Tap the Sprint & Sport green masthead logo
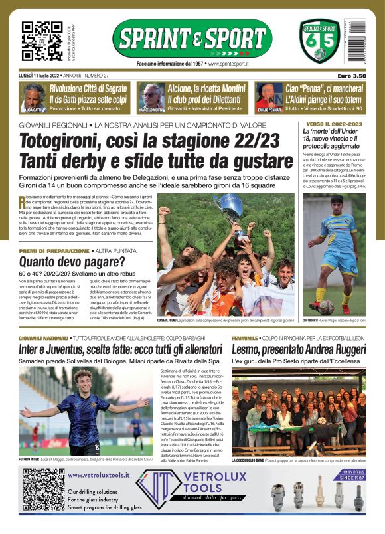[192, 39]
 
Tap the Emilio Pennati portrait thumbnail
[267, 96]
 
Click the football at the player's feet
[326, 307]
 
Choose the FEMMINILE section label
[248, 338]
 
